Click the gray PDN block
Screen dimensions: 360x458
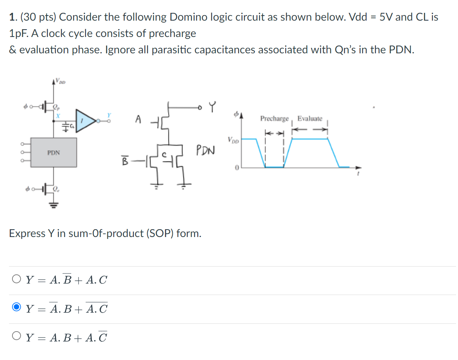click(54, 152)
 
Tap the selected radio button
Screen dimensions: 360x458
click(16, 309)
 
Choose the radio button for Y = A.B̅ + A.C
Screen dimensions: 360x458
click(16, 279)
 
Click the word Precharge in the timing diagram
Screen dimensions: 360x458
click(275, 118)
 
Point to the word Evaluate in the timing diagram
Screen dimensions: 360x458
click(310, 118)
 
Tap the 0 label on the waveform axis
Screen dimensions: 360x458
click(236, 167)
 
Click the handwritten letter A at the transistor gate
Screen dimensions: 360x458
click(138, 119)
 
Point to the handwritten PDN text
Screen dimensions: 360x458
click(205, 150)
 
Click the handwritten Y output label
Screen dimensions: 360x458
click(212, 106)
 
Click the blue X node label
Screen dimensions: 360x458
click(57, 116)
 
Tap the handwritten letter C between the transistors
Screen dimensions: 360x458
click(165, 155)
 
